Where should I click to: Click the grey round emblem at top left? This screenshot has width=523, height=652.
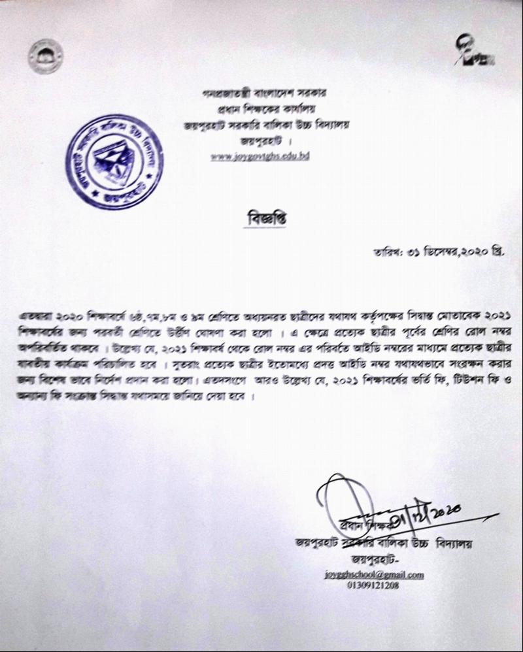point(46,56)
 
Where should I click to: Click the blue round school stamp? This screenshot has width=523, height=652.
point(114,163)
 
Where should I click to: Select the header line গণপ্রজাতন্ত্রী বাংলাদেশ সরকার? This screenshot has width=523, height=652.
point(264,94)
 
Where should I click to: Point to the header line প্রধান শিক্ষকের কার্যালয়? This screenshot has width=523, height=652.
point(264,109)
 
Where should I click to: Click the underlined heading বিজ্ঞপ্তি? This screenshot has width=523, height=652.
point(264,221)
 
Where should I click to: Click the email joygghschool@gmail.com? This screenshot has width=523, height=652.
point(374,575)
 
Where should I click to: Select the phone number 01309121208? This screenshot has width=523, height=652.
point(373,585)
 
